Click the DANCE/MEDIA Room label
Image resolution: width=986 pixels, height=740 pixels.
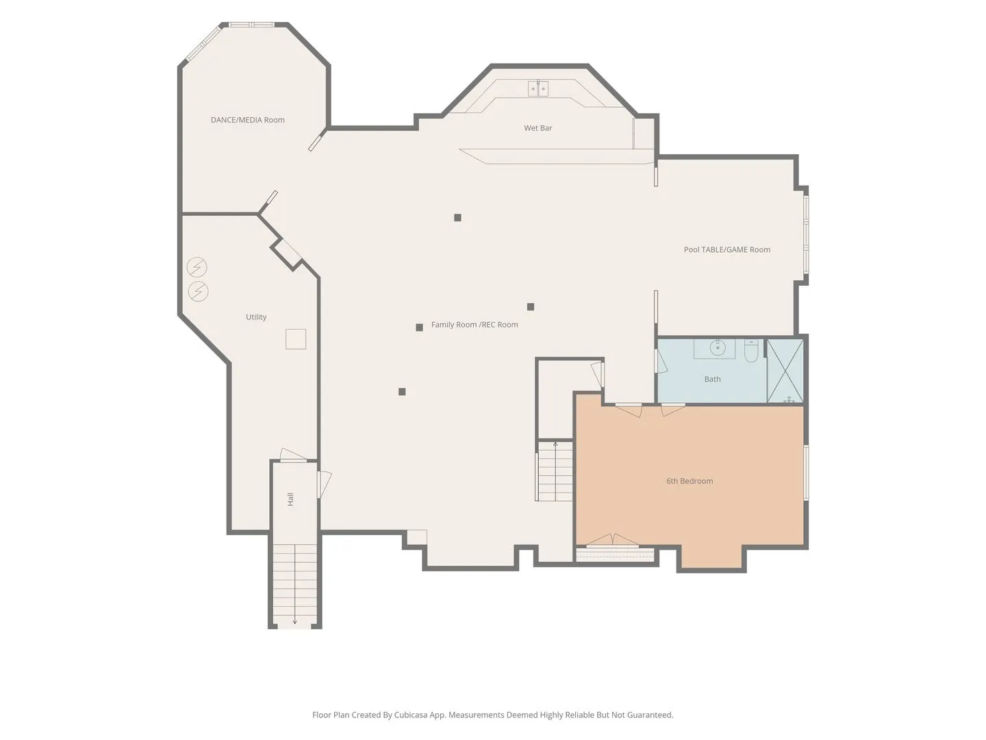click(x=247, y=120)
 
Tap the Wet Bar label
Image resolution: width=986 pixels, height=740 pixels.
click(x=538, y=128)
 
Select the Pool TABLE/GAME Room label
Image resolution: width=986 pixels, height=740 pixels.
click(x=726, y=249)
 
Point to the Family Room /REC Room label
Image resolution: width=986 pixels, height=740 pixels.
click(x=475, y=324)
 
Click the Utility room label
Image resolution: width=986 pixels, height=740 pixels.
click(x=256, y=317)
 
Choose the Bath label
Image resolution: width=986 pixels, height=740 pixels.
click(x=712, y=379)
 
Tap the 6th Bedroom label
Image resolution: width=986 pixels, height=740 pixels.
click(x=690, y=481)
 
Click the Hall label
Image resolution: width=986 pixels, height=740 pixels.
click(x=290, y=500)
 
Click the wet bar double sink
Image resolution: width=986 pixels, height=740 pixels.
click(x=538, y=88)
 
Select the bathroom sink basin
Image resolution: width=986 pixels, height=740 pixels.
click(x=718, y=347)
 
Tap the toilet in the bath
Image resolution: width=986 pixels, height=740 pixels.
click(x=751, y=351)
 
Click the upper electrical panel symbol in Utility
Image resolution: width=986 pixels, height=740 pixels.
click(x=197, y=267)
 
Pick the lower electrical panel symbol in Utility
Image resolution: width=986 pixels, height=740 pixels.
click(x=198, y=292)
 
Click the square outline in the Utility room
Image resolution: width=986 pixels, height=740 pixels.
click(x=296, y=339)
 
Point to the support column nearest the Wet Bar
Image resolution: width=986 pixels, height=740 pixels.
click(x=457, y=217)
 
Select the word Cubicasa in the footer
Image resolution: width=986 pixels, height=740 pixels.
click(x=411, y=715)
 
